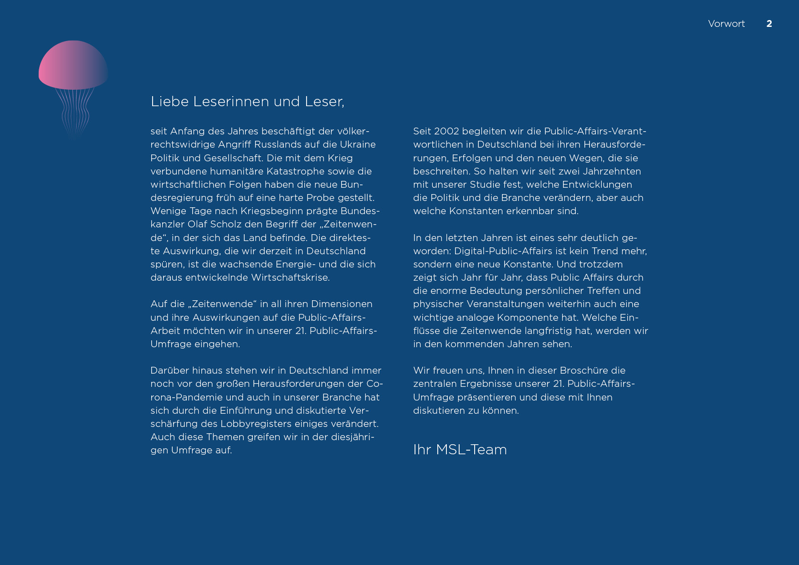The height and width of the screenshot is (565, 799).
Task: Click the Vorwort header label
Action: pos(726,24)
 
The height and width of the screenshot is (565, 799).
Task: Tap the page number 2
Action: pos(769,24)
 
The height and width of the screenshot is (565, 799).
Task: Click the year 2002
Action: pos(446,131)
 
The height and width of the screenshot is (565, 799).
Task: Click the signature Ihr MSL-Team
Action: pos(460,450)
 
